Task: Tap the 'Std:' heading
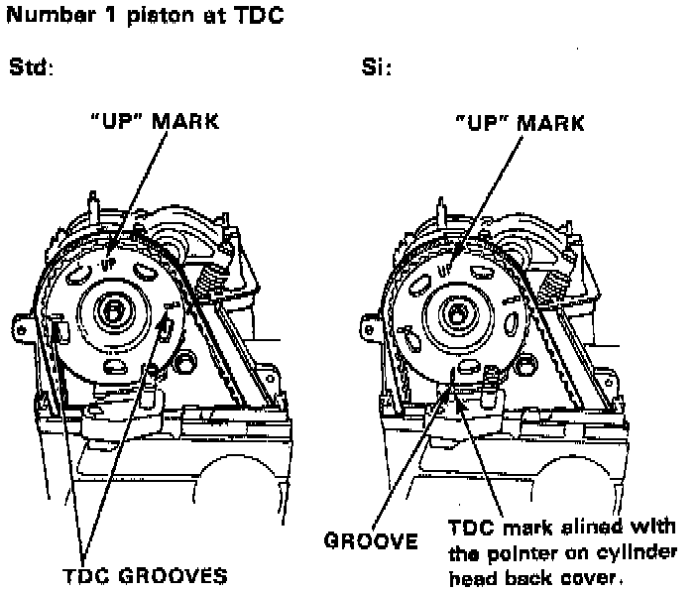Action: point(31,69)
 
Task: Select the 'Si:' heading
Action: point(377,69)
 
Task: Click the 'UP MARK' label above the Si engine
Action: point(519,124)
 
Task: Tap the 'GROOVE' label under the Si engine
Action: point(370,541)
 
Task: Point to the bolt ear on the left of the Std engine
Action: point(20,322)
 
